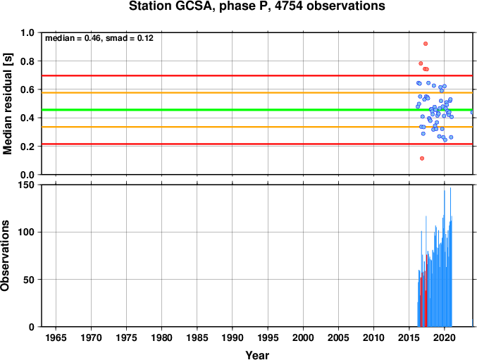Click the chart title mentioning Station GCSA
pos(256,6)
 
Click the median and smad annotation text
pos(99,38)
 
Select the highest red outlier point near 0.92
pos(426,44)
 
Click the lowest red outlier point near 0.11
pos(421,159)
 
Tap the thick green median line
pos(257,110)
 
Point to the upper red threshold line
pos(257,75)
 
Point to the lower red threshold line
pos(257,144)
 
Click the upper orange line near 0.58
pos(257,93)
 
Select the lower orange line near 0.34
pos(257,127)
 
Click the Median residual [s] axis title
pos(7,104)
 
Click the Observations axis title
pos(5,256)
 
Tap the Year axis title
pos(257,355)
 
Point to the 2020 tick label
pos(444,337)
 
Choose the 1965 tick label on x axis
pos(56,337)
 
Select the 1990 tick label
pos(232,337)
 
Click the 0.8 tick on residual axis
pos(27,61)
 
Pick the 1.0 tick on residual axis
pos(27,32)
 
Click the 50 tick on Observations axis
pos(29,280)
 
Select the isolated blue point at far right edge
pos(472,112)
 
